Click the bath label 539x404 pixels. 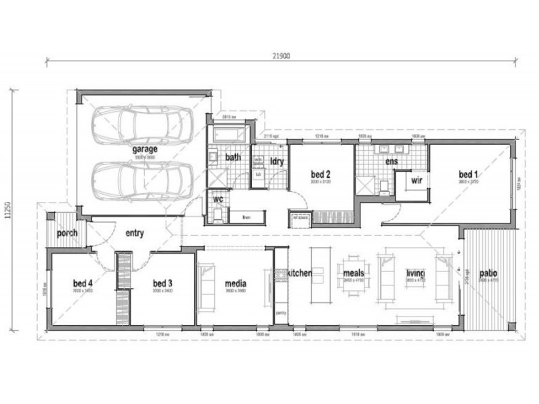(233, 158)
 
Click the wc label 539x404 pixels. (218, 200)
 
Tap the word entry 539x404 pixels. (135, 234)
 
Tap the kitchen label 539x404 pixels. (298, 274)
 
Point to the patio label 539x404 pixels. (488, 274)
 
